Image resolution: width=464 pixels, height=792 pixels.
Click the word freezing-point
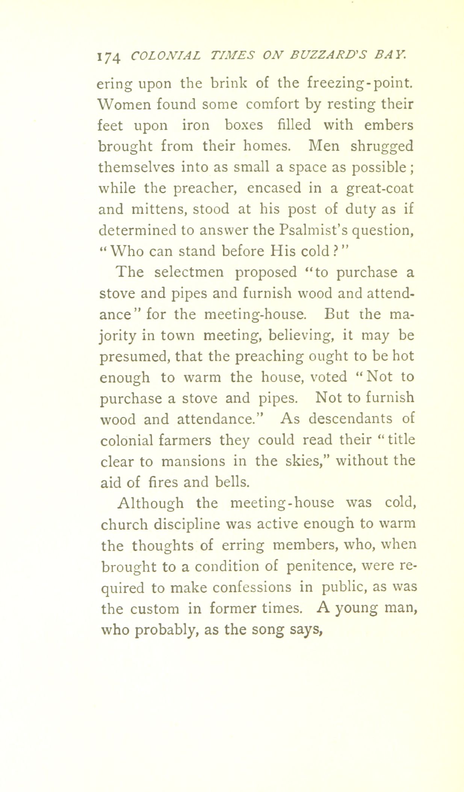point(360,83)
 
